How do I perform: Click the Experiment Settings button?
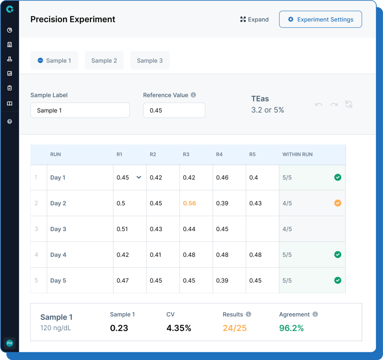pyautogui.click(x=320, y=20)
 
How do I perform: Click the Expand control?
pyautogui.click(x=254, y=20)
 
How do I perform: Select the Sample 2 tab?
pyautogui.click(x=104, y=60)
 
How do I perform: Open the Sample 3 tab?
pyautogui.click(x=150, y=60)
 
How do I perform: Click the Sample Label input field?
pyautogui.click(x=80, y=111)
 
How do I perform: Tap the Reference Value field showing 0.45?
pyautogui.click(x=174, y=111)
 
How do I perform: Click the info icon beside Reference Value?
pyautogui.click(x=193, y=95)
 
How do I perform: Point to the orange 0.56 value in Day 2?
pyautogui.click(x=190, y=203)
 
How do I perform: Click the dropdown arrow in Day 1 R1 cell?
pyautogui.click(x=139, y=178)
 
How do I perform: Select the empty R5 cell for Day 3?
pyautogui.click(x=262, y=229)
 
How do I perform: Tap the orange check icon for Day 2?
pyautogui.click(x=338, y=203)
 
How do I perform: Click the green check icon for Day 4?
pyautogui.click(x=338, y=255)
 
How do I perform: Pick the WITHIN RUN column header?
pyautogui.click(x=297, y=154)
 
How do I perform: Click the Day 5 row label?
pyautogui.click(x=58, y=281)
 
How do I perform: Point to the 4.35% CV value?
pyautogui.click(x=179, y=328)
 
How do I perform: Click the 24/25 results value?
pyautogui.click(x=235, y=328)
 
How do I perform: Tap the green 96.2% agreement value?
pyautogui.click(x=291, y=328)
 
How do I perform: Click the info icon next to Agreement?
pyautogui.click(x=315, y=315)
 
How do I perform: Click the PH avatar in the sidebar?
pyautogui.click(x=9, y=343)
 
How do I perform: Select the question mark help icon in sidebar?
pyautogui.click(x=9, y=121)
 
